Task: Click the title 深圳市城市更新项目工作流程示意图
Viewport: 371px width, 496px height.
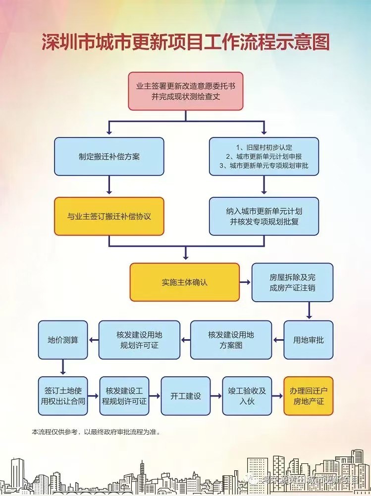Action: coord(185,43)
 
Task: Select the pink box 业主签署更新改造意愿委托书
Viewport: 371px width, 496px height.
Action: coord(186,91)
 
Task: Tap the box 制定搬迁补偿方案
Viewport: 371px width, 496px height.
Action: coord(109,156)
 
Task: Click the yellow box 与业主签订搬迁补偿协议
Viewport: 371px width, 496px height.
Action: coord(109,216)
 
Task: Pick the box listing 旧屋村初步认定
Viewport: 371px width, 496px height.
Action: coord(264,156)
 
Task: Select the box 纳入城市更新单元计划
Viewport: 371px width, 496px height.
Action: coord(264,216)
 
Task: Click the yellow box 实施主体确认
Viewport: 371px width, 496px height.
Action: coord(184,282)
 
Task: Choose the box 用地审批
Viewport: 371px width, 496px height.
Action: coord(308,340)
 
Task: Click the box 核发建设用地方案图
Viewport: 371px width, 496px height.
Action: coord(231,340)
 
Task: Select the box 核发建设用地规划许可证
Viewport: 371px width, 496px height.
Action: coord(139,340)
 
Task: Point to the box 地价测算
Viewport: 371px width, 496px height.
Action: coord(63,340)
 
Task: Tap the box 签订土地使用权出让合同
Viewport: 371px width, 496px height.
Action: coord(63,396)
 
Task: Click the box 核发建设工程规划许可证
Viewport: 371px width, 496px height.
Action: coord(124,396)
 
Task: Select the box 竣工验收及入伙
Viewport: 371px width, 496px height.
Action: coord(247,396)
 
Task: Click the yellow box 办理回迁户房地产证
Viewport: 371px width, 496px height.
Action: coord(308,396)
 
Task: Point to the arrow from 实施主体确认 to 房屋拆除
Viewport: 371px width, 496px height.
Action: coord(245,282)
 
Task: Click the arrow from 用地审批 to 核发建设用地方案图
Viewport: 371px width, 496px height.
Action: coord(278,340)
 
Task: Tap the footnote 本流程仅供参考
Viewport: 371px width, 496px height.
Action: coord(96,432)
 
